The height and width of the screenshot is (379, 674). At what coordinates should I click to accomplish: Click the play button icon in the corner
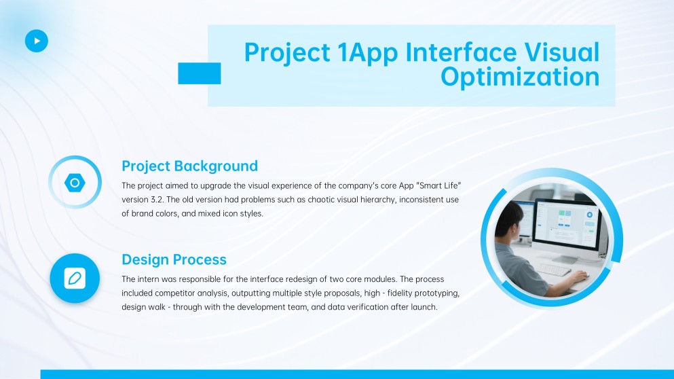[x=37, y=41]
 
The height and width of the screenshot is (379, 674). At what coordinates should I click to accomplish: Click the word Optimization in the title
[x=520, y=77]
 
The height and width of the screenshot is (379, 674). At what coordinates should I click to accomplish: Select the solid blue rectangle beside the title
[x=199, y=73]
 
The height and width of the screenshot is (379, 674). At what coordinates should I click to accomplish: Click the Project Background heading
[x=189, y=166]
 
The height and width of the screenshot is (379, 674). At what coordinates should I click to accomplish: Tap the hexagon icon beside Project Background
[x=75, y=183]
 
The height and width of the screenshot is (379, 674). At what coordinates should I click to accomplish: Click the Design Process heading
[x=174, y=259]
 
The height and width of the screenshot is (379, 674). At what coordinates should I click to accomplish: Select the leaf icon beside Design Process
[x=75, y=278]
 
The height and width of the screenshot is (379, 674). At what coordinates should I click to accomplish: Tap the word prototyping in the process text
[x=434, y=293]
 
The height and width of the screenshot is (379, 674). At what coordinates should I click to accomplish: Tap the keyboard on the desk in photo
[x=554, y=270]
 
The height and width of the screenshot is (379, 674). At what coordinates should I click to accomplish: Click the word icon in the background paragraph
[x=202, y=213]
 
